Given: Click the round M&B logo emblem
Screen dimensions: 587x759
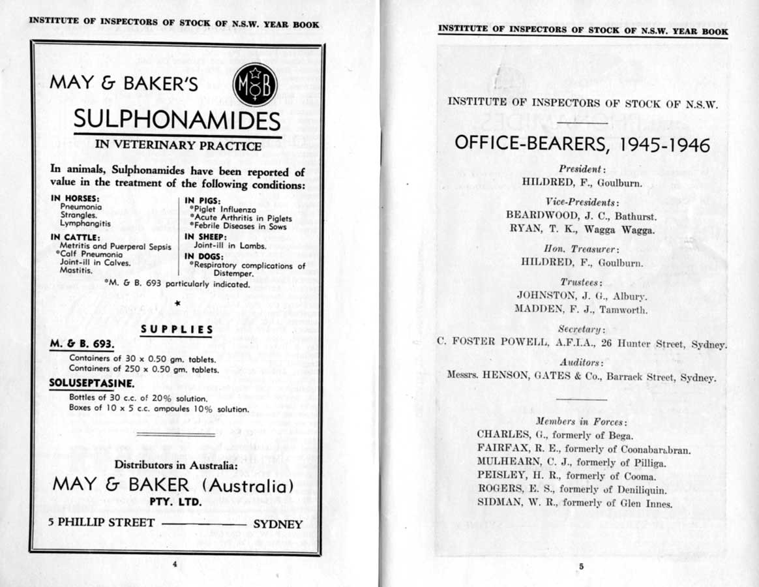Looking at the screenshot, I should click(x=256, y=85).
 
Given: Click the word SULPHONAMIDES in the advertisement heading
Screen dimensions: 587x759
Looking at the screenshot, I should click(x=177, y=120).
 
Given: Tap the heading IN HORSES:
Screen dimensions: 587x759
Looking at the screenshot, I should click(x=75, y=198).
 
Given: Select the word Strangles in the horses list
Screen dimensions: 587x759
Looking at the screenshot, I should click(x=78, y=215).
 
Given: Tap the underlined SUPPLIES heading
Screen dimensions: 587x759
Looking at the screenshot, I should click(x=177, y=330).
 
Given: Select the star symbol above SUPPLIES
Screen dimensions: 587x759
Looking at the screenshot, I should click(x=177, y=304).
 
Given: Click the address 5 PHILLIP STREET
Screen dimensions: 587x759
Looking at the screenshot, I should click(x=102, y=522).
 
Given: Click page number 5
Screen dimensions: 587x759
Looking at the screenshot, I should click(x=581, y=567).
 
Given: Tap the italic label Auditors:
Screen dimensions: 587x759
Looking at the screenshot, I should click(x=581, y=362).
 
